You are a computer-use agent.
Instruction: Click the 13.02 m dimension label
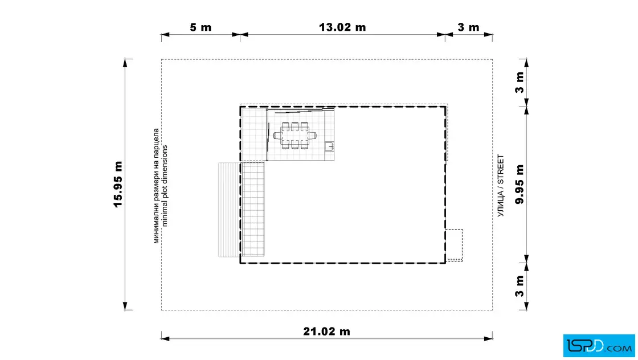click(342, 27)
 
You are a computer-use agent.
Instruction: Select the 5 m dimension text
click(201, 27)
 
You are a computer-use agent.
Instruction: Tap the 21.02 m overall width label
click(326, 332)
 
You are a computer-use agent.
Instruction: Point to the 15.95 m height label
click(118, 184)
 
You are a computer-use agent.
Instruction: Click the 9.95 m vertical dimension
click(520, 184)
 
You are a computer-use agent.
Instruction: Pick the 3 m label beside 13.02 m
click(468, 27)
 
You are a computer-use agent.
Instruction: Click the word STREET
click(501, 170)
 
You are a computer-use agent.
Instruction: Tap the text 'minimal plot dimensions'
click(165, 186)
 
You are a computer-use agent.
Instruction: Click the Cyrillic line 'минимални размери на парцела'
click(156, 186)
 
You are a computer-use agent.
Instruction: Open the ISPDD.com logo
click(599, 346)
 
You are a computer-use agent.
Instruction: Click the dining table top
click(295, 135)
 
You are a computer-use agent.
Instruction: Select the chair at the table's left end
click(277, 136)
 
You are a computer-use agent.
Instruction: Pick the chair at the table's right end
click(313, 136)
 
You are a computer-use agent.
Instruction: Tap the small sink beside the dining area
click(330, 146)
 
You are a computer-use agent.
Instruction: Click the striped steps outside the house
click(228, 210)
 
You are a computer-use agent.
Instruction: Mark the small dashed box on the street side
click(454, 246)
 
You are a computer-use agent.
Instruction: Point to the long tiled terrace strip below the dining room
click(252, 208)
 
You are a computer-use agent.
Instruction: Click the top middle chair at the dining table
click(295, 125)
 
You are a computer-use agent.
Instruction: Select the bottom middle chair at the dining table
click(295, 145)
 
